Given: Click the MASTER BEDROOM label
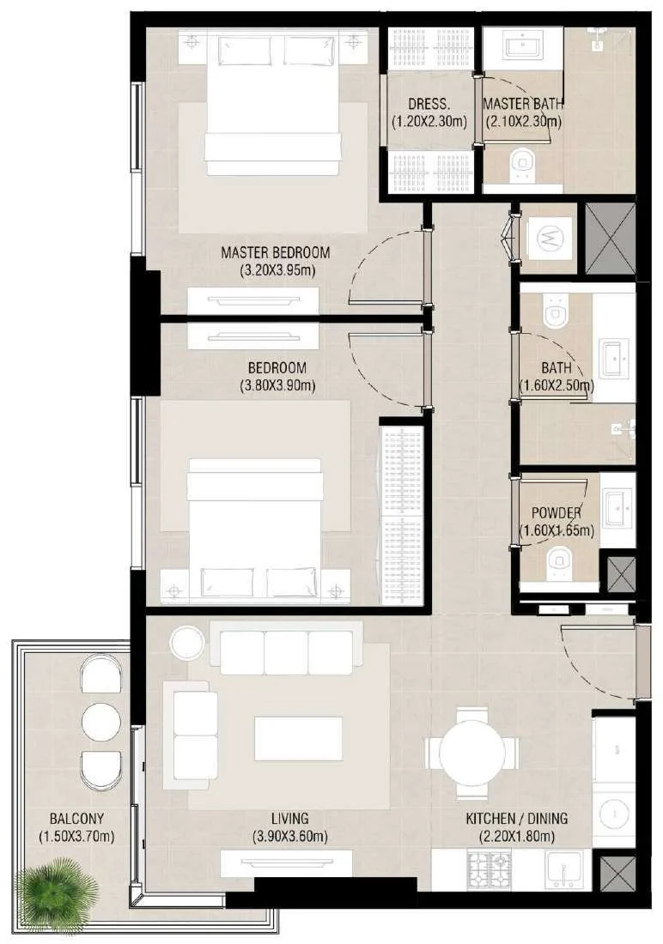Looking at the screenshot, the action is point(276,251).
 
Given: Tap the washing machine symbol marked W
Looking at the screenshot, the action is point(549,239).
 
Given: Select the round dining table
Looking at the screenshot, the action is point(472,751).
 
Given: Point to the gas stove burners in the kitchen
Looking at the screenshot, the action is point(490,869).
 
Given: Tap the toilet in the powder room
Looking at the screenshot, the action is point(557,562).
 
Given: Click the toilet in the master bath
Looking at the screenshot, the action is point(522,165).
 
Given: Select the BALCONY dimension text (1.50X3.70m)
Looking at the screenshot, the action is point(76,836).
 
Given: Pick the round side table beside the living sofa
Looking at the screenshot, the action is point(188,643).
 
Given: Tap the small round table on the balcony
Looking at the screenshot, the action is point(101,722).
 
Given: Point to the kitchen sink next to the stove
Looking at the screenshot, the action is point(563,868).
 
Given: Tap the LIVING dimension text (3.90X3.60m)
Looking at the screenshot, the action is point(290,836).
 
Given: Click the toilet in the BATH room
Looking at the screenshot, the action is point(554,309).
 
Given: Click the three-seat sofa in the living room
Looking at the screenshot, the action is point(286,652).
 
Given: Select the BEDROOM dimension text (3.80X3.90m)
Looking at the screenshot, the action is point(277,385).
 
